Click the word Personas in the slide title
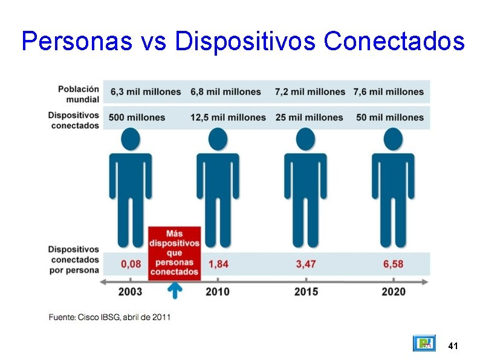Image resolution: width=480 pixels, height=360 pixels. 76,41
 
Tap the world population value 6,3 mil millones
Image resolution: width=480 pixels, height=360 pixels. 146,92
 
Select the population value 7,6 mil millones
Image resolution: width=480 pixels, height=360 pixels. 388,92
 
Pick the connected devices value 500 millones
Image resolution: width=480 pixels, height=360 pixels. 137,117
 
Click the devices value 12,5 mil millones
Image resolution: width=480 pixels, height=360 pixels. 228,117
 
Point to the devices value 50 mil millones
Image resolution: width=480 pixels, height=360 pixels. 390,117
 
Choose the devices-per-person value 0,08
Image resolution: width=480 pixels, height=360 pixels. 131,264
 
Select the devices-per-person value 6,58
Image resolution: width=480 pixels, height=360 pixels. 393,264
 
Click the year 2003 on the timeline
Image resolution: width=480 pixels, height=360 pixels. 130,292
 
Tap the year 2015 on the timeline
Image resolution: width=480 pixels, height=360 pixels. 306,292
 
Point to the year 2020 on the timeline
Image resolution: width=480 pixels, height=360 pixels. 394,292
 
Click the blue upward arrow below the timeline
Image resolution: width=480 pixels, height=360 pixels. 174,291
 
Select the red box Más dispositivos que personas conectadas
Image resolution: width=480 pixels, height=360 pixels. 174,253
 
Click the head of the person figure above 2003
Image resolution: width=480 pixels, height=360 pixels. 131,139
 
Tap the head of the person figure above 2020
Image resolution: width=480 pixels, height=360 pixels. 394,139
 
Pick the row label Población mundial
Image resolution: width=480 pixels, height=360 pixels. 79,94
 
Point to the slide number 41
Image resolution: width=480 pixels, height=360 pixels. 453,346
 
